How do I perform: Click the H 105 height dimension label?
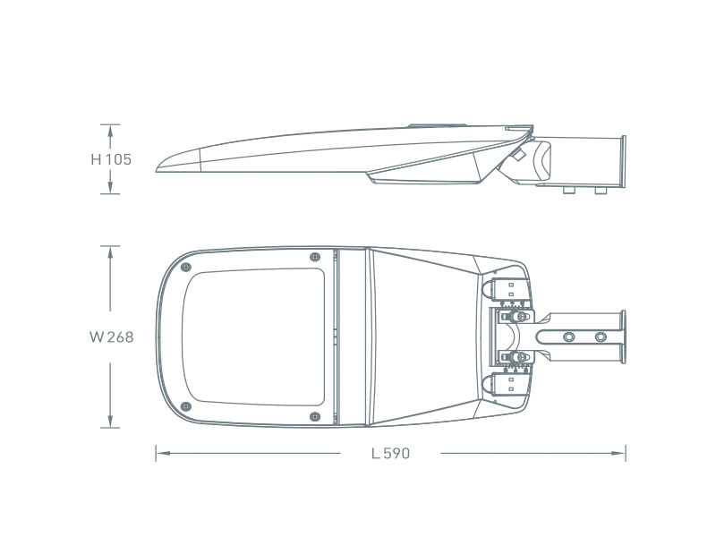pyautogui.click(x=111, y=159)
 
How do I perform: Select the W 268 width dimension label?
pyautogui.click(x=111, y=337)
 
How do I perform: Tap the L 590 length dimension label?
pyautogui.click(x=390, y=454)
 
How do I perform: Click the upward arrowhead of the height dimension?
pyautogui.click(x=110, y=131)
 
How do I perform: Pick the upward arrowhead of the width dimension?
pyautogui.click(x=110, y=252)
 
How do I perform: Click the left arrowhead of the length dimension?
pyautogui.click(x=163, y=454)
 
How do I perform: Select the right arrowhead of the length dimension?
pyautogui.click(x=618, y=454)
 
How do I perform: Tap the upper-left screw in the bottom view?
pyautogui.click(x=186, y=267)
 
